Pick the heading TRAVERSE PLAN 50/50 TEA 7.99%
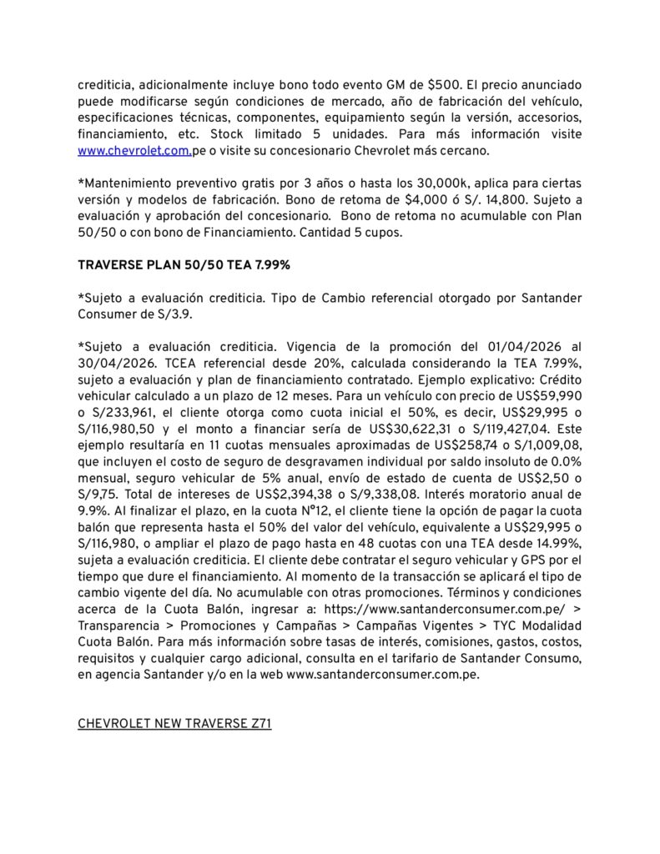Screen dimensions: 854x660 tap(184, 265)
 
